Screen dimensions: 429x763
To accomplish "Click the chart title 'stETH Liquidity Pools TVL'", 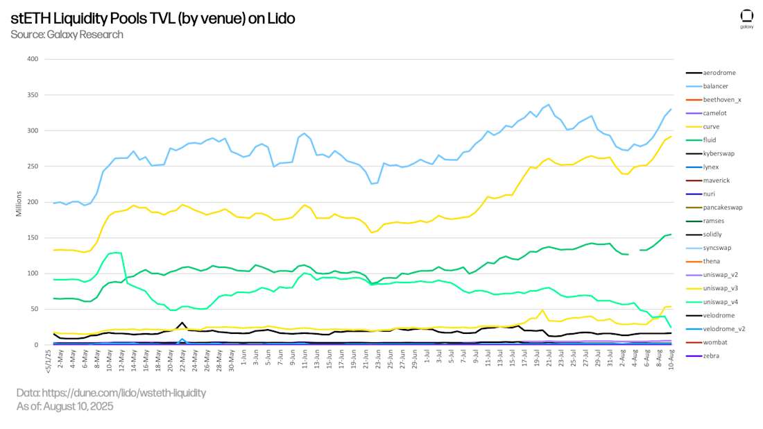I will tap(153, 19).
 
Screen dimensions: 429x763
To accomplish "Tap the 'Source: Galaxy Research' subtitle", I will tap(67, 35).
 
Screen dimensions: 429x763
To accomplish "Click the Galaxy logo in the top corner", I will tap(746, 18).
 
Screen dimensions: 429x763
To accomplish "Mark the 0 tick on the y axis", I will tap(35, 345).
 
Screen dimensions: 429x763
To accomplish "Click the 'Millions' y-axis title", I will tap(19, 202).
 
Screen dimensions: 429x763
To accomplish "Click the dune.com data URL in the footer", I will tap(111, 393).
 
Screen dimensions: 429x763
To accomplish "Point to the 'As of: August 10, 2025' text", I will tap(65, 407).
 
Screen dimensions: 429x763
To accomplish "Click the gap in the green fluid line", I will tap(634, 253).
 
